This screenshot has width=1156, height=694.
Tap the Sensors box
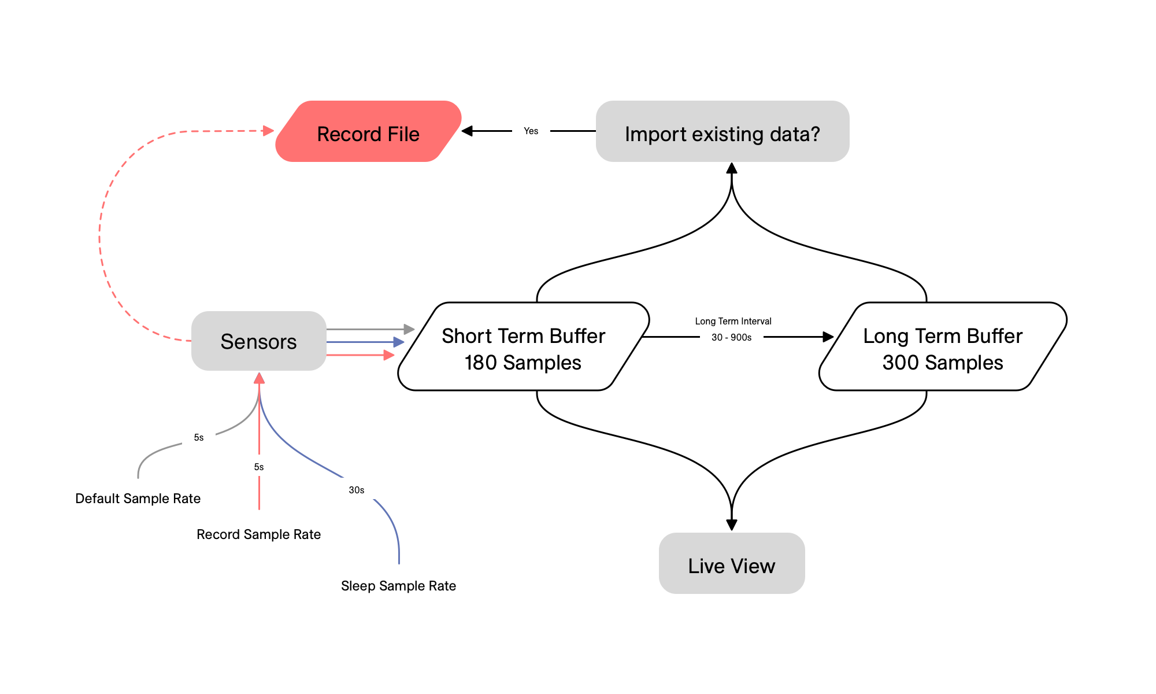258,341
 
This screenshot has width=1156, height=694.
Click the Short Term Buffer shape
523,347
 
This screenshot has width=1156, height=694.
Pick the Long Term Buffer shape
942,347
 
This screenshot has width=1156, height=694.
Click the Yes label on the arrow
531,131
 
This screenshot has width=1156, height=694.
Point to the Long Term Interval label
733,322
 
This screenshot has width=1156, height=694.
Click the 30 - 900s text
731,338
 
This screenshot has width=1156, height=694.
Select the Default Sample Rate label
138,499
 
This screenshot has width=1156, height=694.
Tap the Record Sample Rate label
258,534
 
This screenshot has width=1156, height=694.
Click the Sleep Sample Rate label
398,586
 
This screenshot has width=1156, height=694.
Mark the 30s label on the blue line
356,490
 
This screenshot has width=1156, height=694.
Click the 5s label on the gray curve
198,438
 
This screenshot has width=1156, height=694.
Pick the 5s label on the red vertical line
259,467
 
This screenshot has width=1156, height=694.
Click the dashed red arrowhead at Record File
268,131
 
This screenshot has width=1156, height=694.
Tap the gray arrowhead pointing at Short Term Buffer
409,329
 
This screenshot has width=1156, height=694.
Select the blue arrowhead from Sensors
399,342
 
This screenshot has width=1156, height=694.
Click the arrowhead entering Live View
732,525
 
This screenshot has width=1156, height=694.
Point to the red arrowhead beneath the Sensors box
259,378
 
